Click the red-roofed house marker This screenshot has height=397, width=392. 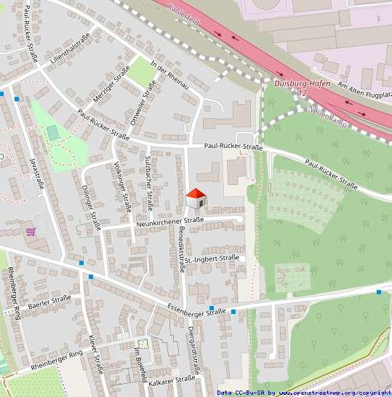(x=196, y=198)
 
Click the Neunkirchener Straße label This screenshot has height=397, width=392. (x=169, y=221)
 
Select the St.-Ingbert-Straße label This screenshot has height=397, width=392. (x=212, y=259)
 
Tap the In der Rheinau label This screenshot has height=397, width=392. (x=169, y=75)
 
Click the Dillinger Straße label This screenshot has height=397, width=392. (x=91, y=206)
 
